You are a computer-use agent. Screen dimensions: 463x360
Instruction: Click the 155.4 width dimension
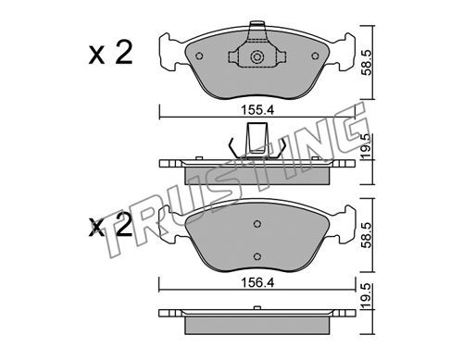click(x=257, y=110)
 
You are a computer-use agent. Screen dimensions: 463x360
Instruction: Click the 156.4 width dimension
click(x=257, y=283)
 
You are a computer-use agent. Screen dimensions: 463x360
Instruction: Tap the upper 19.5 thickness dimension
click(x=368, y=146)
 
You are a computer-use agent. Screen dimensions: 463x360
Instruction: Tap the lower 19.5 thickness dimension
click(x=368, y=295)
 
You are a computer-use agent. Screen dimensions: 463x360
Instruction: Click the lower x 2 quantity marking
click(x=110, y=226)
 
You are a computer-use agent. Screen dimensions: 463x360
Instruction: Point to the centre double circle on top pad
click(x=257, y=57)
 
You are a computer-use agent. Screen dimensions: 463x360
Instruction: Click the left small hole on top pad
click(x=199, y=56)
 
